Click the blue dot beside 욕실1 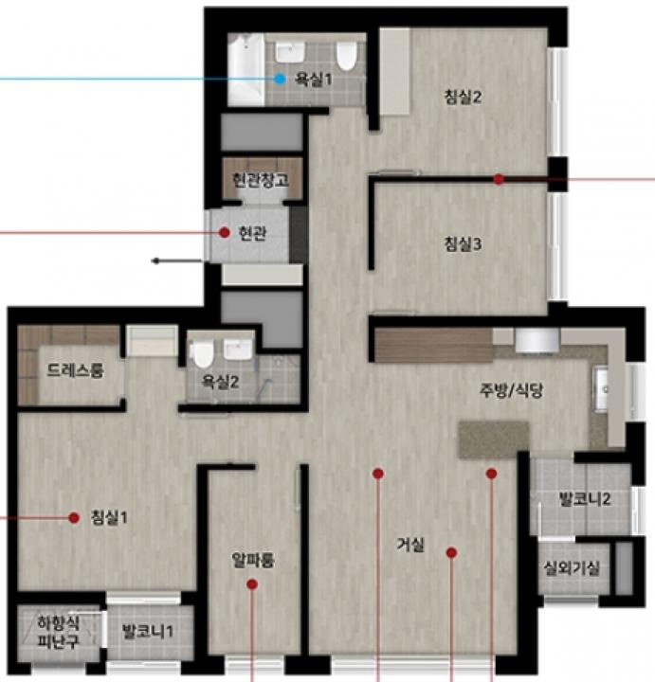(281, 80)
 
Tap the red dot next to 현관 (224, 233)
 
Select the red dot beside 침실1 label (74, 517)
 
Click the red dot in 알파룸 (252, 584)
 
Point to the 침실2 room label (463, 97)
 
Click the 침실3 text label (463, 244)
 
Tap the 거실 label (410, 544)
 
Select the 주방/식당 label (511, 390)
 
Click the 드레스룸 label (75, 370)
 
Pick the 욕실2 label (220, 382)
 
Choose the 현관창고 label (261, 180)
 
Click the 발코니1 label (148, 631)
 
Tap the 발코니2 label (585, 499)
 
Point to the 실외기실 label (572, 567)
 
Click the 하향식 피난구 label (59, 632)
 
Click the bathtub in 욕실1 (246, 69)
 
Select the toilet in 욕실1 (346, 56)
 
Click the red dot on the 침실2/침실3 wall (499, 179)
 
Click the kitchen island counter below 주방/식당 (494, 439)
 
